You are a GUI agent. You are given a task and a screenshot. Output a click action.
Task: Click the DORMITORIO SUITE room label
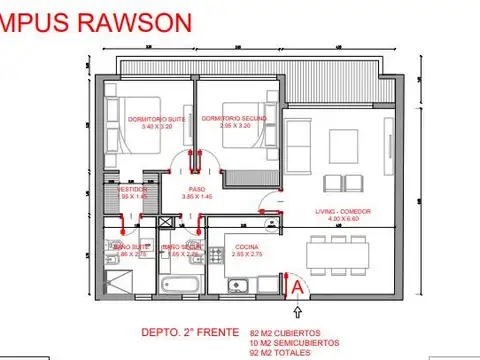[158, 119]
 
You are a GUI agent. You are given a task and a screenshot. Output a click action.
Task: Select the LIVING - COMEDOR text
[339, 212]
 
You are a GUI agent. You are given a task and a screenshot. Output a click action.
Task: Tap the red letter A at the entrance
[297, 285]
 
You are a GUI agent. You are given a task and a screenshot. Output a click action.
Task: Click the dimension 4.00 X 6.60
[339, 220]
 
